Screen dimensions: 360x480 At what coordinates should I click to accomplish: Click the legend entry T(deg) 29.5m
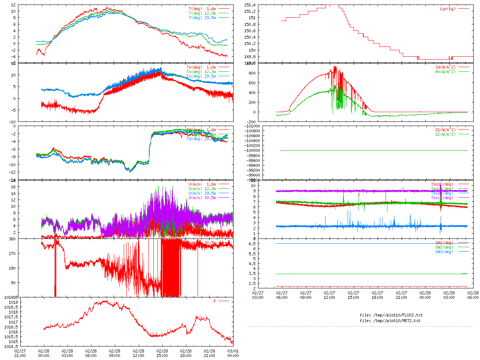[202, 18]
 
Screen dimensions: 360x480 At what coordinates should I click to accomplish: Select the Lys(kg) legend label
[448, 9]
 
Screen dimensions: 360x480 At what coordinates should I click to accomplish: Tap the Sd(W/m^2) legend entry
[445, 67]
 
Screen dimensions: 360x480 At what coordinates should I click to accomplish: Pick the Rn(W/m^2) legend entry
[445, 72]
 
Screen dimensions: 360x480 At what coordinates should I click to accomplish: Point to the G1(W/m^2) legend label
[445, 130]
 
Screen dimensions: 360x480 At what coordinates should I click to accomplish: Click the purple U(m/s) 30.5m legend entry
[202, 198]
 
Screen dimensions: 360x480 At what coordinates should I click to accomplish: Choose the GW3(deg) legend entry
[444, 252]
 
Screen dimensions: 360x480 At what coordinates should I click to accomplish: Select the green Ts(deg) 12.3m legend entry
[201, 72]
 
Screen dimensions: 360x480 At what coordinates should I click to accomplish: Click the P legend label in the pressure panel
[214, 301]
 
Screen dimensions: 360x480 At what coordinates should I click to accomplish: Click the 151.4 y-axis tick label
[250, 5]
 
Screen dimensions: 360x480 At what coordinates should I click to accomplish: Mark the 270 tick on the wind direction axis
[12, 253]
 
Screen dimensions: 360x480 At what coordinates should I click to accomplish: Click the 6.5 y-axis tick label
[252, 244]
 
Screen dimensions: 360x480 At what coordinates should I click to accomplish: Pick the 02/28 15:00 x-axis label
[162, 353]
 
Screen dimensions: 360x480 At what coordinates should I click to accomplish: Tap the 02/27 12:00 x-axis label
[329, 295]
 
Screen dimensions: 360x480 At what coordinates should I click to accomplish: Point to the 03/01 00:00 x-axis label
[233, 353]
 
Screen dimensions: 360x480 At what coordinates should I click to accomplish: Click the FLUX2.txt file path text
[391, 315]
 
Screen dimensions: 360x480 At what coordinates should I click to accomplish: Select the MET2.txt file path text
[390, 321]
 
